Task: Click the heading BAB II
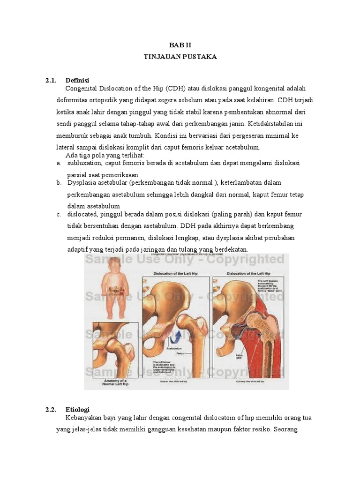[x=180, y=45]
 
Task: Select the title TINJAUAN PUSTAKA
[x=180, y=56]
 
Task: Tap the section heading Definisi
[x=77, y=81]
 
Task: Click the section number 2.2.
[x=51, y=409]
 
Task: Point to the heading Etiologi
[x=78, y=409]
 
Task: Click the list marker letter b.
[x=59, y=182]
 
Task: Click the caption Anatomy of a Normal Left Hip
[x=115, y=382]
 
